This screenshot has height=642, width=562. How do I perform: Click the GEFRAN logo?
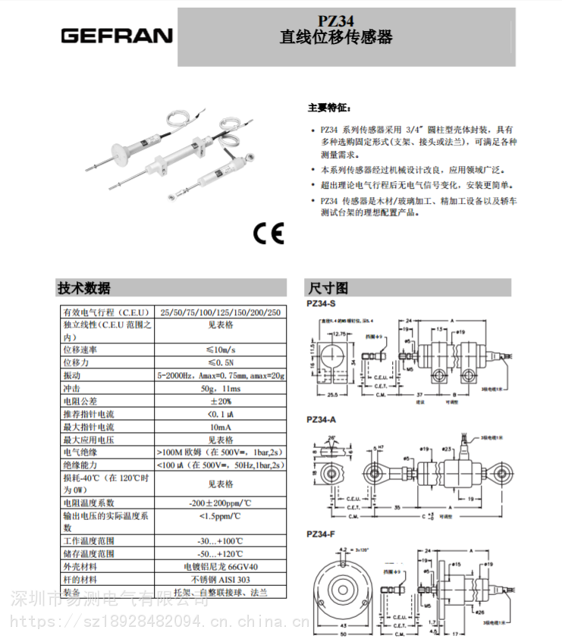(117, 36)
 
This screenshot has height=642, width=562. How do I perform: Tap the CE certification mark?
(268, 234)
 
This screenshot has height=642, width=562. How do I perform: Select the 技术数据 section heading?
(84, 288)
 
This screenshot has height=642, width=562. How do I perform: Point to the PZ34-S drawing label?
(323, 303)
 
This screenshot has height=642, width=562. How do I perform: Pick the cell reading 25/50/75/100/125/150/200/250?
(220, 312)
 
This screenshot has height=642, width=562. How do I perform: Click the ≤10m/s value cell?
(220, 349)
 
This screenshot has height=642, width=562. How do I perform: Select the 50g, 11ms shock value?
(220, 388)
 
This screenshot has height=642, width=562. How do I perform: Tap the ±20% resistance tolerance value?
(220, 401)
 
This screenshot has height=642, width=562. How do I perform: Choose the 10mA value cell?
(220, 427)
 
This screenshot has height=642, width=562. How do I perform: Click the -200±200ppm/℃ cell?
(220, 503)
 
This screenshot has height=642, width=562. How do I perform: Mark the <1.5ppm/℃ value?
(220, 516)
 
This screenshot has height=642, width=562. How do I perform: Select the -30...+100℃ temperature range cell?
(220, 540)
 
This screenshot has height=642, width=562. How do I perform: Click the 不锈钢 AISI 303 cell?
(220, 579)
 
